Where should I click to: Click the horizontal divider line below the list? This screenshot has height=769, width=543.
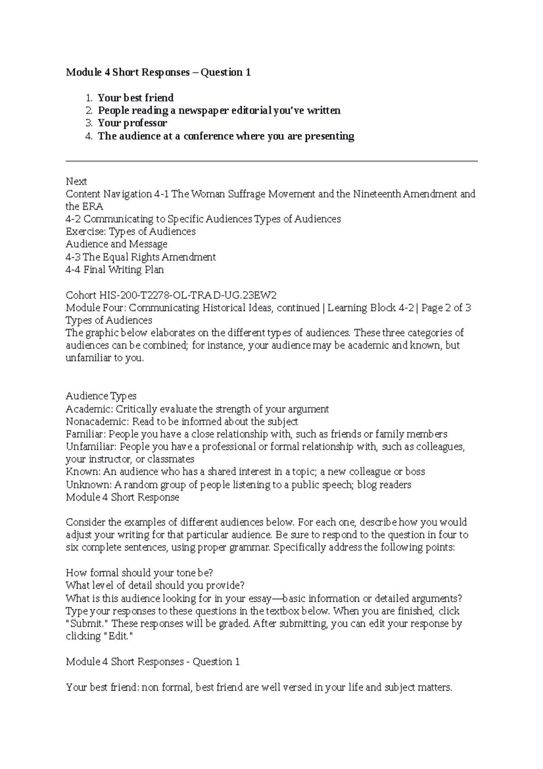pyautogui.click(x=271, y=161)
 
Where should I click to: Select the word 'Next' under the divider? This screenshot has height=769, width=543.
pyautogui.click(x=76, y=182)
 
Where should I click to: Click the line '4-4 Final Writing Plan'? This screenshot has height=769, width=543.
pyautogui.click(x=114, y=270)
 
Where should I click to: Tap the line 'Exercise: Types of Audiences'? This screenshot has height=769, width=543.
pyautogui.click(x=130, y=232)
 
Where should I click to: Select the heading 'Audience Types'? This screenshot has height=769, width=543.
pyautogui.click(x=101, y=396)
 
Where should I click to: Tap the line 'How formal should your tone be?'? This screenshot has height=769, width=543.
pyautogui.click(x=139, y=573)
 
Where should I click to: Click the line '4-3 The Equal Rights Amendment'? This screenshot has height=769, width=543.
pyautogui.click(x=140, y=257)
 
